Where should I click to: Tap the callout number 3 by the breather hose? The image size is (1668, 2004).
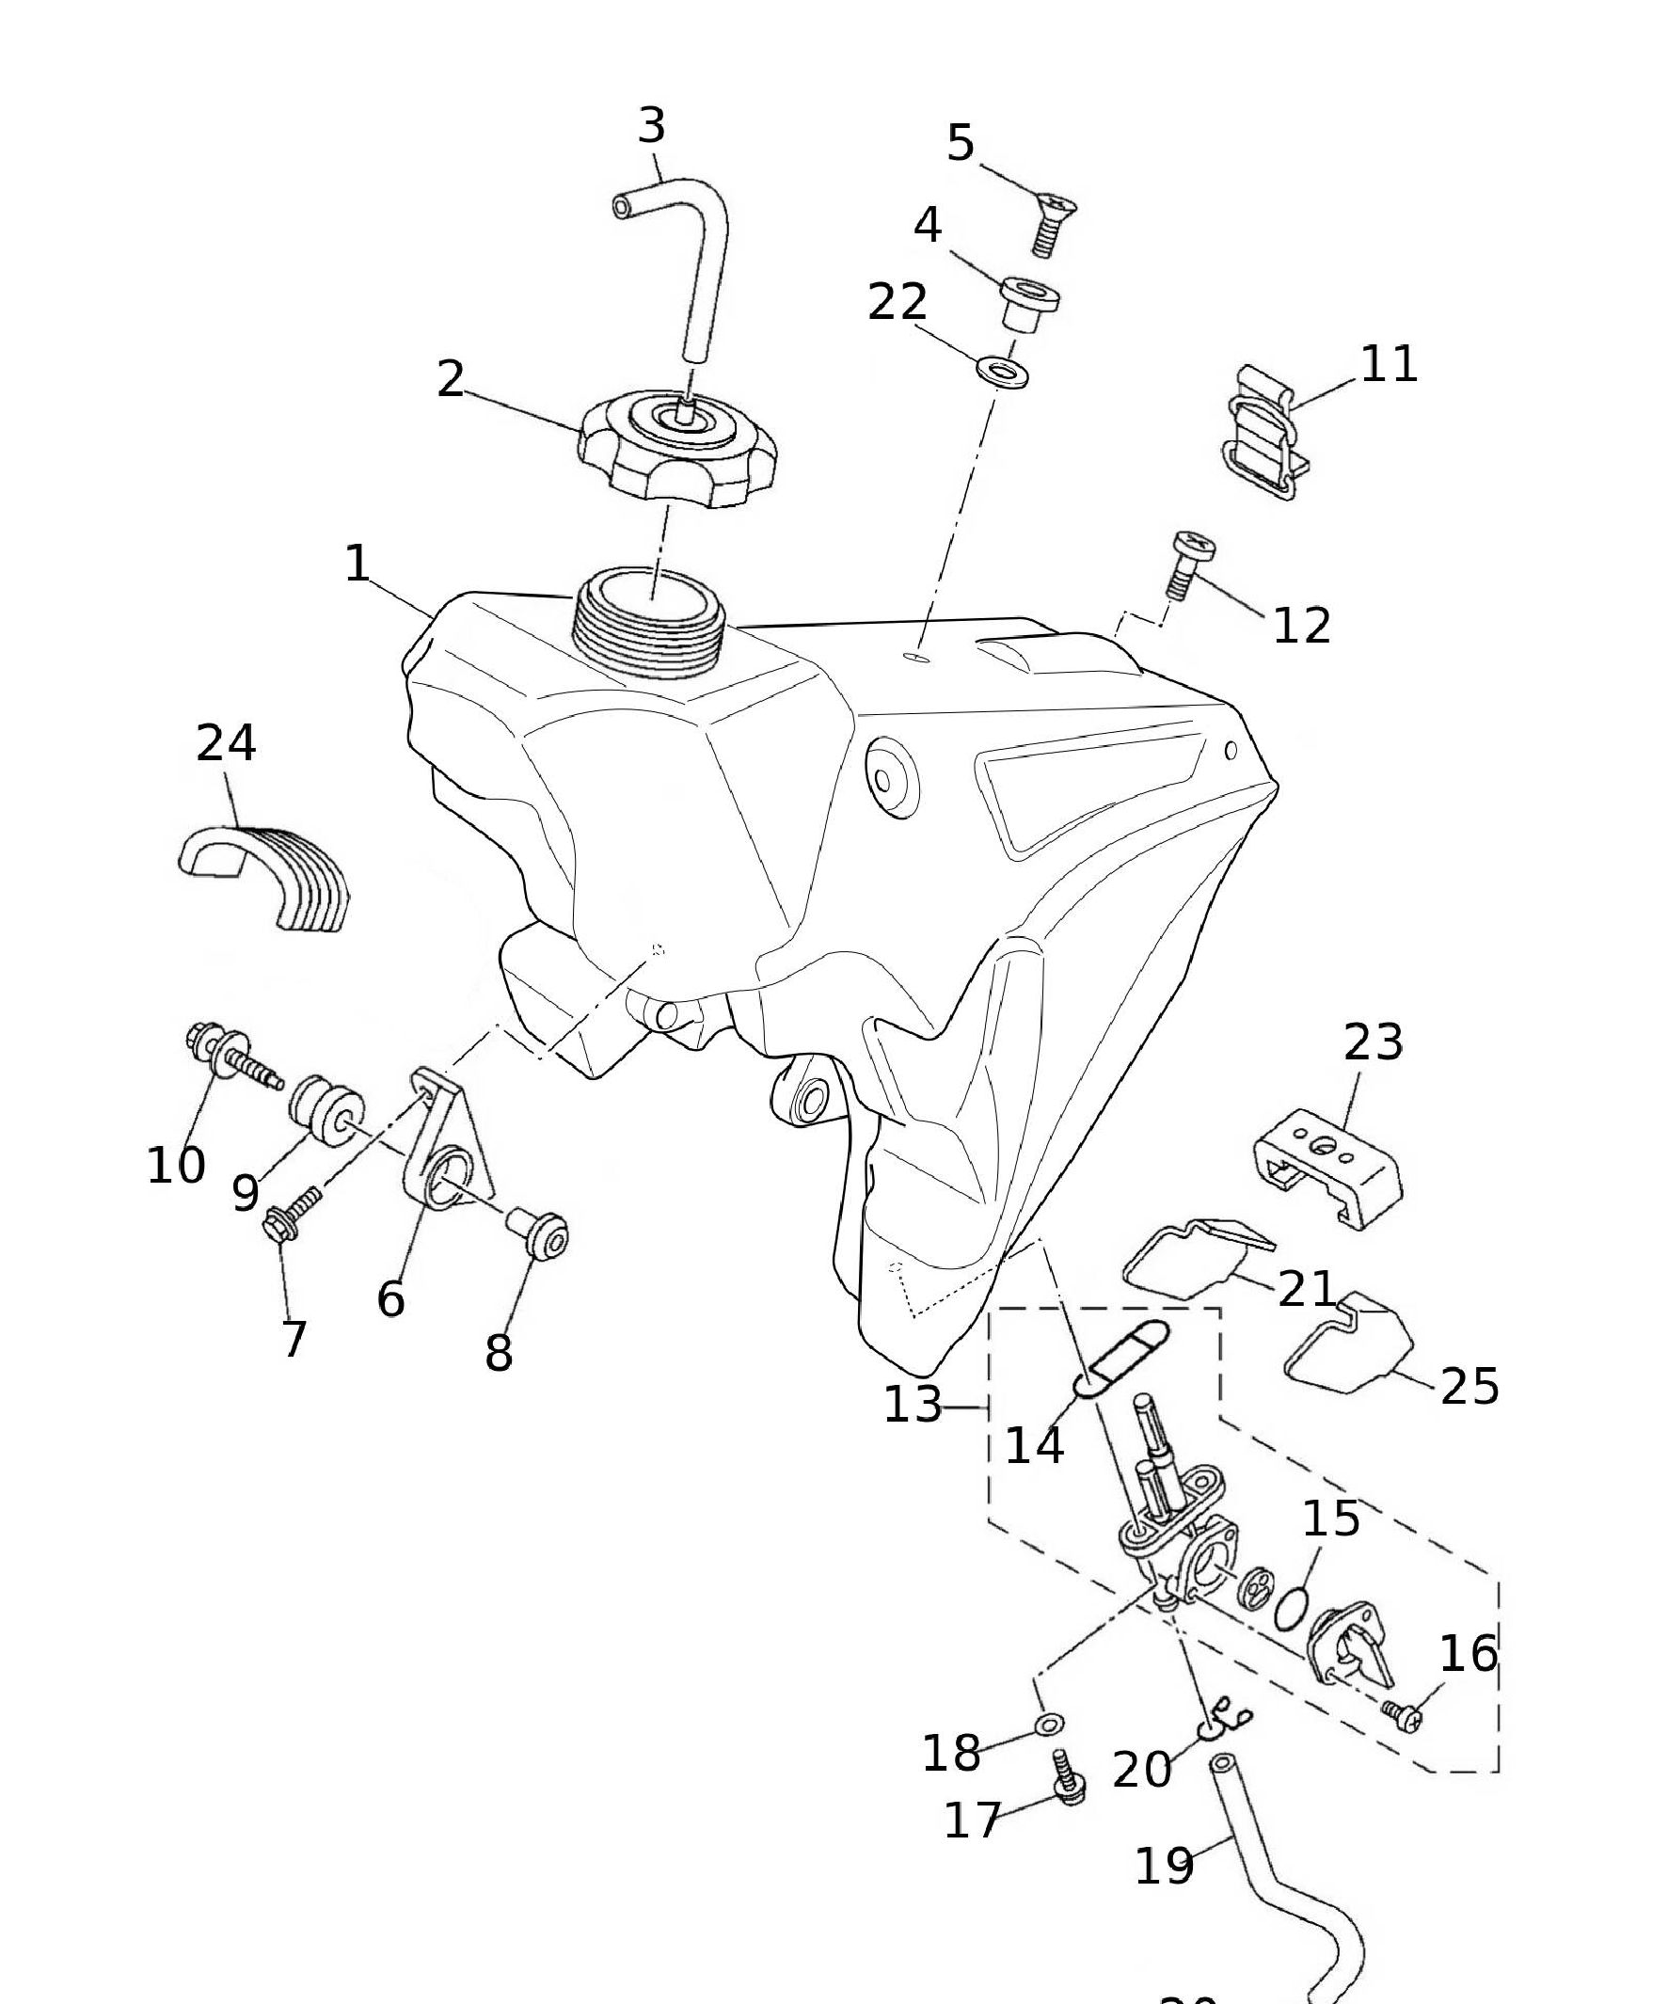pos(652,126)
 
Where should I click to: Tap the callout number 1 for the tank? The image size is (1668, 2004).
pos(357,563)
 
